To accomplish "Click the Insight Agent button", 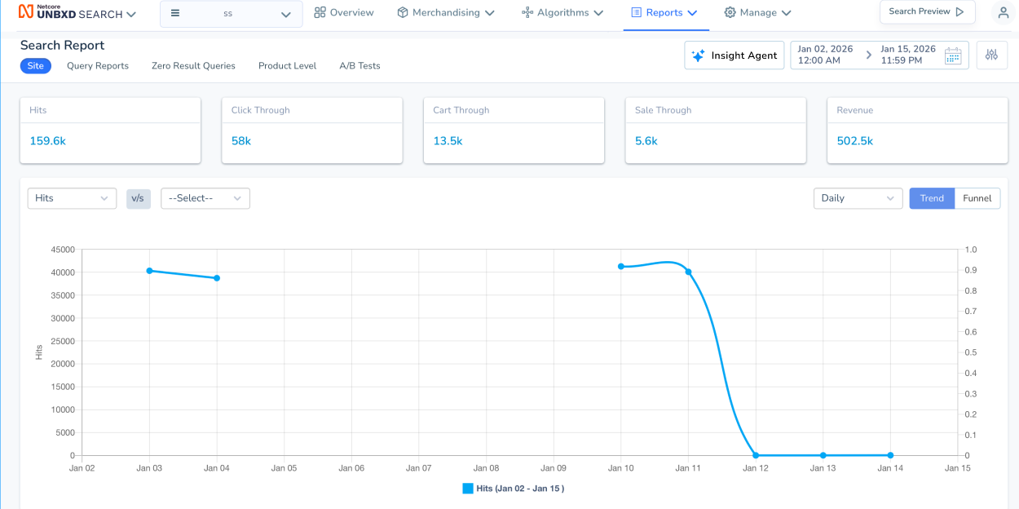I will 734,55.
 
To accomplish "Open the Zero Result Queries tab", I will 193,66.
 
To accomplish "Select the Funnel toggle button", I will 977,198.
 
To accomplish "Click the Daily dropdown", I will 858,198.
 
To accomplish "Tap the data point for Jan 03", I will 150,271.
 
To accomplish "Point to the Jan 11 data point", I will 688,272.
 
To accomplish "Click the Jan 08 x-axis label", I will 486,468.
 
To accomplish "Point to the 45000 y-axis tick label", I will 62,250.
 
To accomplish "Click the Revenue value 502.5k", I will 854,141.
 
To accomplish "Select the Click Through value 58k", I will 241,141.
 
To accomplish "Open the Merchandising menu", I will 446,13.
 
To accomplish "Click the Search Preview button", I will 927,12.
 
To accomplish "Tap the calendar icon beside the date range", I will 953,55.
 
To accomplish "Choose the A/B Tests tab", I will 360,66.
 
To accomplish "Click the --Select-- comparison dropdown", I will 205,198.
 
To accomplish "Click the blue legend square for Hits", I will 468,489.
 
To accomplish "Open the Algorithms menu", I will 562,13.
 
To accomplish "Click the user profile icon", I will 1003,13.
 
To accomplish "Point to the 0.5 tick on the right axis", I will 970,352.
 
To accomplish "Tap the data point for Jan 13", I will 823,455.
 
